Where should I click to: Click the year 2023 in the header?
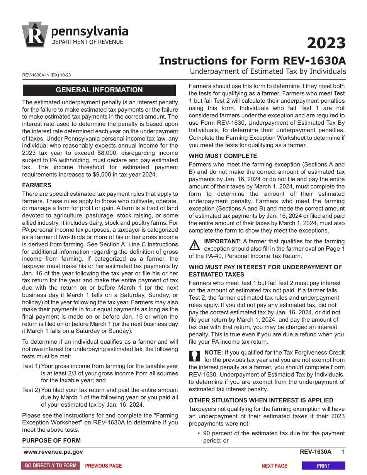pyautogui.click(x=326, y=43)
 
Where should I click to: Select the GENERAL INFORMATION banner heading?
pyautogui.click(x=99, y=90)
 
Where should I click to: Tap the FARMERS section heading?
pyautogui.click(x=37, y=185)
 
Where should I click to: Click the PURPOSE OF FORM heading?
pyautogui.click(x=51, y=441)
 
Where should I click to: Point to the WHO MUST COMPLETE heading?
pyautogui.click(x=223, y=156)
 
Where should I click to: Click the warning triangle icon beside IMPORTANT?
pyautogui.click(x=195, y=245)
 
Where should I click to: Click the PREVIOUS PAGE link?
pyautogui.click(x=103, y=466)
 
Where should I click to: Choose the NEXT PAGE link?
pyautogui.click(x=274, y=466)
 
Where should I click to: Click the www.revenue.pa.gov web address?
pyautogui.click(x=53, y=452)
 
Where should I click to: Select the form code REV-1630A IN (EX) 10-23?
pyautogui.click(x=46, y=76)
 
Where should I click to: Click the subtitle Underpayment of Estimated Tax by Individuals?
pyautogui.click(x=268, y=71)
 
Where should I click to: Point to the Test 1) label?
pyautogui.click(x=31, y=366)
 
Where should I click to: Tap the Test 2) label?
pyautogui.click(x=31, y=390)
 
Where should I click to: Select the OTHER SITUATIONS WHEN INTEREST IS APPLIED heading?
pyautogui.click(x=261, y=400)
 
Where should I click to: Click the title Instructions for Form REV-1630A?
pyautogui.click(x=252, y=61)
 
